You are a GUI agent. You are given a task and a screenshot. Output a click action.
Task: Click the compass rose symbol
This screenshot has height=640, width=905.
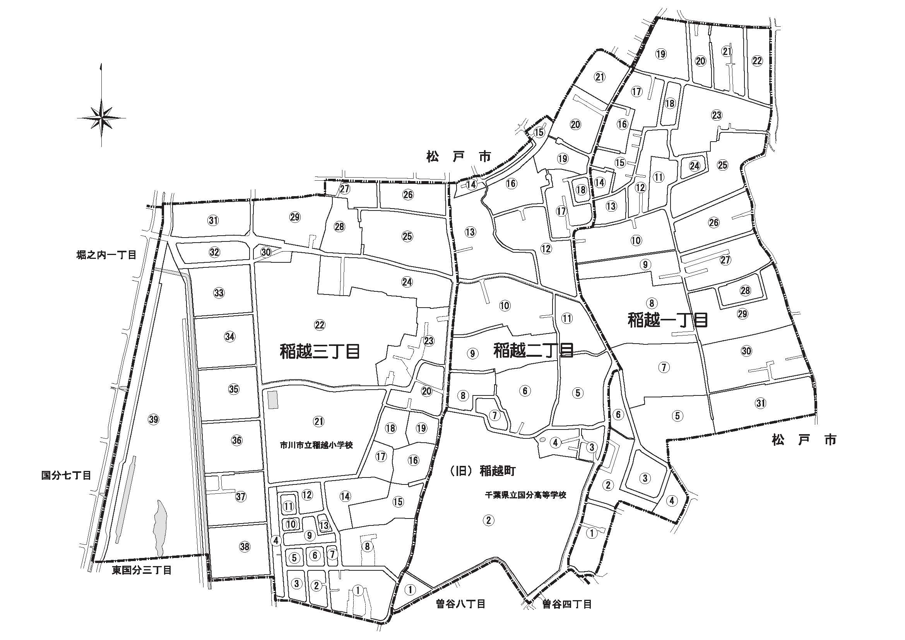101,118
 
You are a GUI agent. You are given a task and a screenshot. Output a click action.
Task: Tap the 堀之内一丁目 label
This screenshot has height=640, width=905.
106,255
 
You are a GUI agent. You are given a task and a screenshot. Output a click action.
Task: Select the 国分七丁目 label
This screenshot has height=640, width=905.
67,476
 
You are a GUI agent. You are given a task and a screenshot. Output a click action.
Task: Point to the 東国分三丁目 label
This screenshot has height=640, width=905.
142,571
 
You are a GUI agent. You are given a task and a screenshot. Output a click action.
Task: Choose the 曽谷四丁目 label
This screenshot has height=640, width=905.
567,604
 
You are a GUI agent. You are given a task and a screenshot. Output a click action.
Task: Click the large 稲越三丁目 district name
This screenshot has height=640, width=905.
320,351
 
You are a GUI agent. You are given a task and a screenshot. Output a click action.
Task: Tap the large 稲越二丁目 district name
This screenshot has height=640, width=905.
533,349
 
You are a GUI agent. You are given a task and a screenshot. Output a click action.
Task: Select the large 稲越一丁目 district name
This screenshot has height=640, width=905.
668,320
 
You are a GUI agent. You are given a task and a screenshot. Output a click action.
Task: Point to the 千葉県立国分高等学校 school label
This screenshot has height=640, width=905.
525,495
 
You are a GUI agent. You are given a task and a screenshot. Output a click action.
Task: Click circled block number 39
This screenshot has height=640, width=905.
154,419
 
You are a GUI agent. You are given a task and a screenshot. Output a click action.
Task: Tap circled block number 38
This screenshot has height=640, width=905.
245,546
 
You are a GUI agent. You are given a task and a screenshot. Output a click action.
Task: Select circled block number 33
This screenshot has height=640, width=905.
219,293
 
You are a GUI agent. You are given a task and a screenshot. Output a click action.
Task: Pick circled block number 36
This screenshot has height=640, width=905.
236,440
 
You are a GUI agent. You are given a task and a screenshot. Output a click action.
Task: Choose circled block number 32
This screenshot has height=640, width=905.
214,252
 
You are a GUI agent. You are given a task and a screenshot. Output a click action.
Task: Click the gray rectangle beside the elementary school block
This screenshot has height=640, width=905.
272,400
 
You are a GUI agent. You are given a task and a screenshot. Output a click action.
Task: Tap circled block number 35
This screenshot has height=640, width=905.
234,389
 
